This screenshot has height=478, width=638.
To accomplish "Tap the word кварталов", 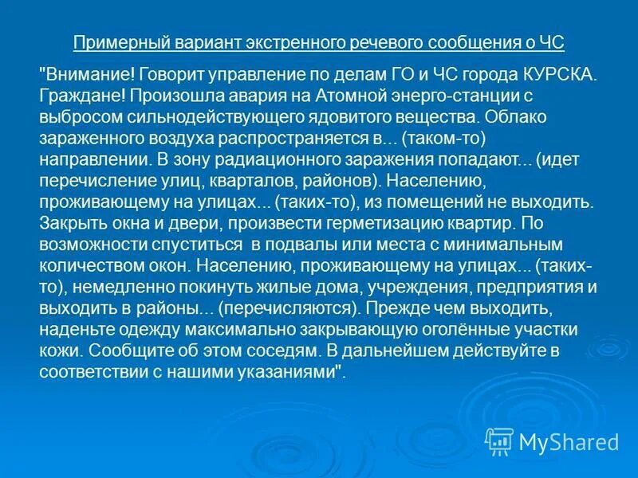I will [x=240, y=178].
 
